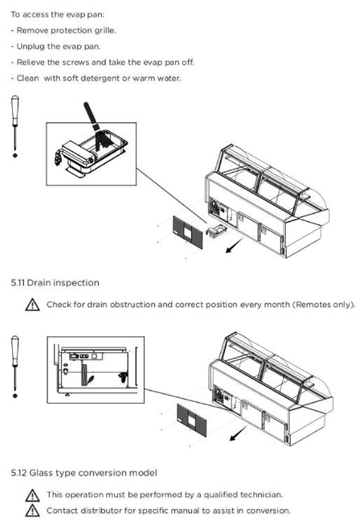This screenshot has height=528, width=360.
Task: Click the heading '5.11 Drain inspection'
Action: pos(55,283)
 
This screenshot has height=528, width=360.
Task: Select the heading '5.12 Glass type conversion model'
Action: pos(84,473)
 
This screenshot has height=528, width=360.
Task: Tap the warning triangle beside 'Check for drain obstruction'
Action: pos(32,305)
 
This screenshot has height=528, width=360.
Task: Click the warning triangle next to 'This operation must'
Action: pos(32,495)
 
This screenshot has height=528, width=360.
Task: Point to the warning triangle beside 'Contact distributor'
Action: pos(32,511)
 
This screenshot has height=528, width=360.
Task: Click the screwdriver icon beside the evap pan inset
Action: pos(15,126)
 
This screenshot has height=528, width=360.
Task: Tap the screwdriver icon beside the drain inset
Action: pos(15,367)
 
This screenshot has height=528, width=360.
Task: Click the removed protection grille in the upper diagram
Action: pos(188,232)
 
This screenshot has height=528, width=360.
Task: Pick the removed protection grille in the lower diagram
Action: pos(192,420)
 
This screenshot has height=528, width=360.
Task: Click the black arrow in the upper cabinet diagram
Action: pos(234,245)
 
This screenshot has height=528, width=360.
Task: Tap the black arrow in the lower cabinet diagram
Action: pos(238,433)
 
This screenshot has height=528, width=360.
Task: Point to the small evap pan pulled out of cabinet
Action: pos(216,231)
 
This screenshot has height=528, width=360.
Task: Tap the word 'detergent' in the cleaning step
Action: pos(100,78)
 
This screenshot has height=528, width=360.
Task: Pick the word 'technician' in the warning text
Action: pos(261,495)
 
